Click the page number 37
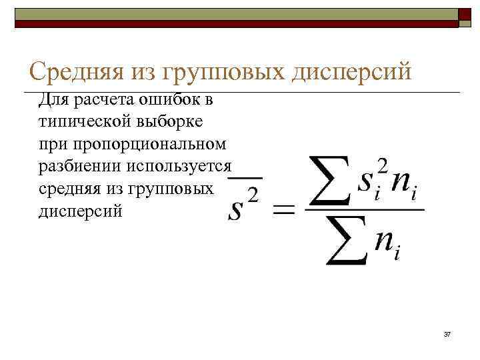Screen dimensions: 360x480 [447, 333]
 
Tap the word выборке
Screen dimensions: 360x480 [167, 122]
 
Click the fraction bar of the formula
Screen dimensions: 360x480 [364, 209]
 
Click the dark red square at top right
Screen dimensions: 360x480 [465, 15]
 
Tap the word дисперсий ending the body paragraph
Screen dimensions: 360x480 [81, 211]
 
